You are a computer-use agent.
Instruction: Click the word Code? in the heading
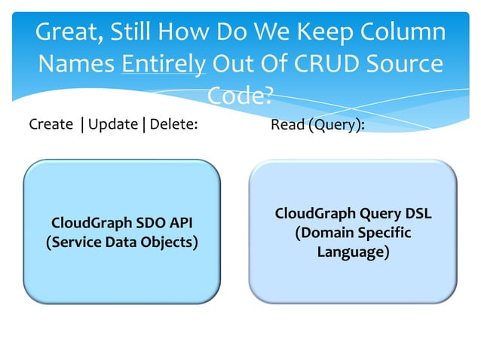[240, 96]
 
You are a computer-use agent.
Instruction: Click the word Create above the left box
[51, 124]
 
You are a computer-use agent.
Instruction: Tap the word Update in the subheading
[112, 124]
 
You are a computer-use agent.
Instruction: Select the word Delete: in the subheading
[173, 124]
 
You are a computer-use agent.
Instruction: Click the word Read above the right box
[286, 124]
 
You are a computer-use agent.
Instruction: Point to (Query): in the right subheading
[335, 124]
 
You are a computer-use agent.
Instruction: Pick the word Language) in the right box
[353, 252]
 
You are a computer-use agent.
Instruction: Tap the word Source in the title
[405, 64]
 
